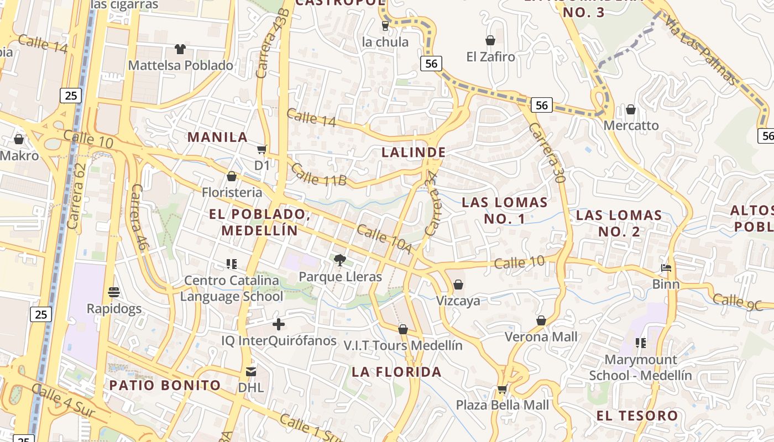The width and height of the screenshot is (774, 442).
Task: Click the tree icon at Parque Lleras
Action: click(340, 260)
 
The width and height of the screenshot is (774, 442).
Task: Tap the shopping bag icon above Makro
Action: click(19, 139)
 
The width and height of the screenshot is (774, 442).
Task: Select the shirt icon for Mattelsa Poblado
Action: click(180, 49)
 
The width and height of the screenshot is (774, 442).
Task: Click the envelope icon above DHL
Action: click(251, 371)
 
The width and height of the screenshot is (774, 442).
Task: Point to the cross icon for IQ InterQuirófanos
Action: click(279, 324)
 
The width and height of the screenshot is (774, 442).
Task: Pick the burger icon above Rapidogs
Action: click(114, 292)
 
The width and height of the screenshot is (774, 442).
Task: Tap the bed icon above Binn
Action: click(666, 268)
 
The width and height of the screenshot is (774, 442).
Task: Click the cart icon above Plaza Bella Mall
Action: click(502, 389)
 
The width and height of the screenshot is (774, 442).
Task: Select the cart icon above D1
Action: click(262, 149)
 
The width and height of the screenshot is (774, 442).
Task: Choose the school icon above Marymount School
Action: click(641, 343)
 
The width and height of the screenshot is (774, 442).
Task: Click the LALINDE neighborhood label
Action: click(414, 152)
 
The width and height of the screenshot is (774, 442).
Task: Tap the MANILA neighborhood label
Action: click(217, 137)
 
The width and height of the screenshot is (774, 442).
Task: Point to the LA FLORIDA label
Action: click(396, 372)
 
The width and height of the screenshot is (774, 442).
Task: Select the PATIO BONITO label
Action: click(165, 385)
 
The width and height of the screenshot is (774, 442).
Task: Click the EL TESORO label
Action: click(637, 415)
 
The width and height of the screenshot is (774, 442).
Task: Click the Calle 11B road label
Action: click(318, 174)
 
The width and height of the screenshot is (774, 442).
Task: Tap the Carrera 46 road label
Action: click(138, 218)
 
